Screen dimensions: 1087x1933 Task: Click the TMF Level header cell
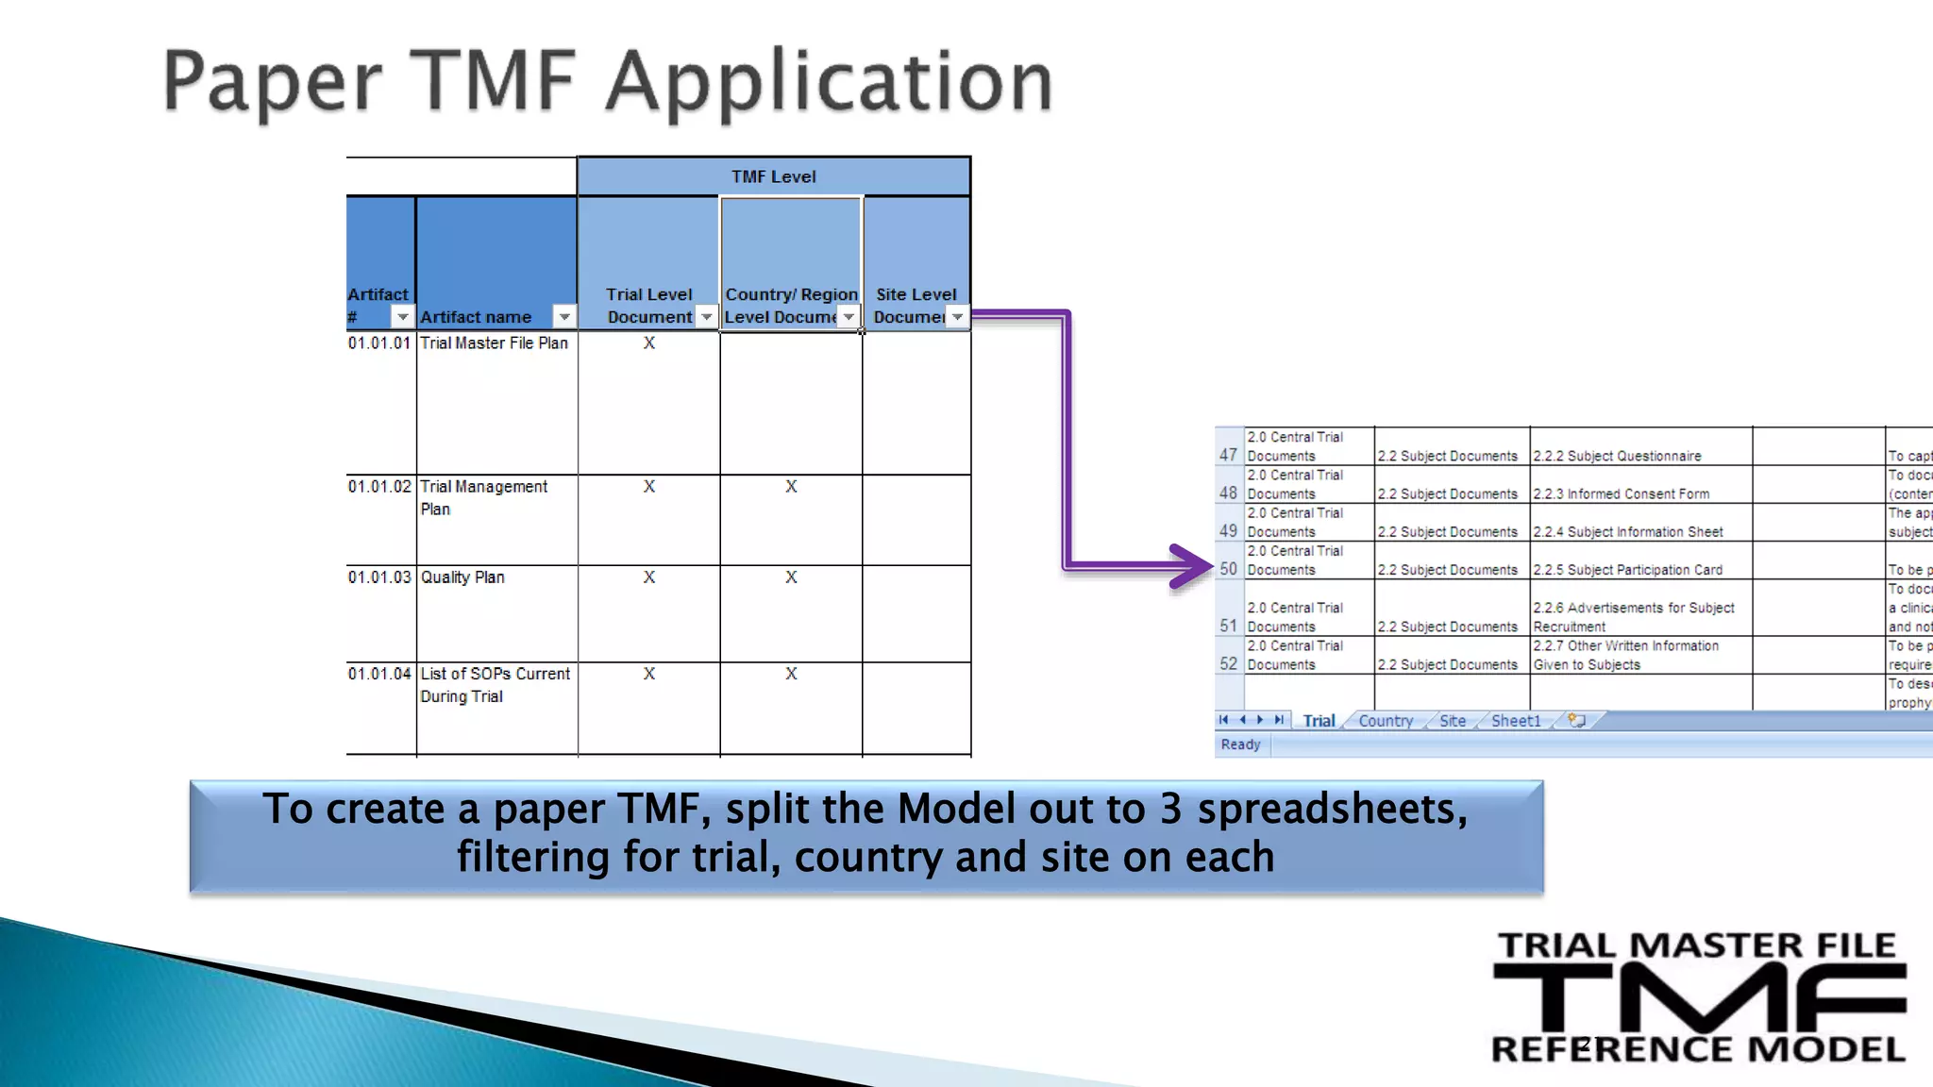(773, 176)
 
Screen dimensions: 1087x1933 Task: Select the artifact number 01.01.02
(379, 487)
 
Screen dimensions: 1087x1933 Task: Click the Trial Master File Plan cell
(495, 343)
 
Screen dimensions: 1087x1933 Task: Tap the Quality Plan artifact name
(462, 577)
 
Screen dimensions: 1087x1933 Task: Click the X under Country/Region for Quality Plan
(791, 577)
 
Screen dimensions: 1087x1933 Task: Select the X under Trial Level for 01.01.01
(649, 343)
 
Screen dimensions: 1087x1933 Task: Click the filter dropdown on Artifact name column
(564, 317)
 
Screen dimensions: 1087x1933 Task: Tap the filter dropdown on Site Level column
(957, 317)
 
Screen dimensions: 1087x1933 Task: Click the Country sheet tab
(1386, 721)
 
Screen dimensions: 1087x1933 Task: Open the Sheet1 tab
(1515, 721)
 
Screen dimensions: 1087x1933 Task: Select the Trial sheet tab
(1319, 721)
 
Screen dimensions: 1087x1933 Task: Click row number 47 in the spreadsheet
(1228, 455)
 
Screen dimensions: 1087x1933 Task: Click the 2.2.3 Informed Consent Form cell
(1621, 493)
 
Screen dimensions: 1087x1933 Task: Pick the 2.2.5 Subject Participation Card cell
(1627, 570)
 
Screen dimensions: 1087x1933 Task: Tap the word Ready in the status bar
(1240, 744)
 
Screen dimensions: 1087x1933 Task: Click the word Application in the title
(829, 83)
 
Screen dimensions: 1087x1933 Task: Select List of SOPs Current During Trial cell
(495, 685)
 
